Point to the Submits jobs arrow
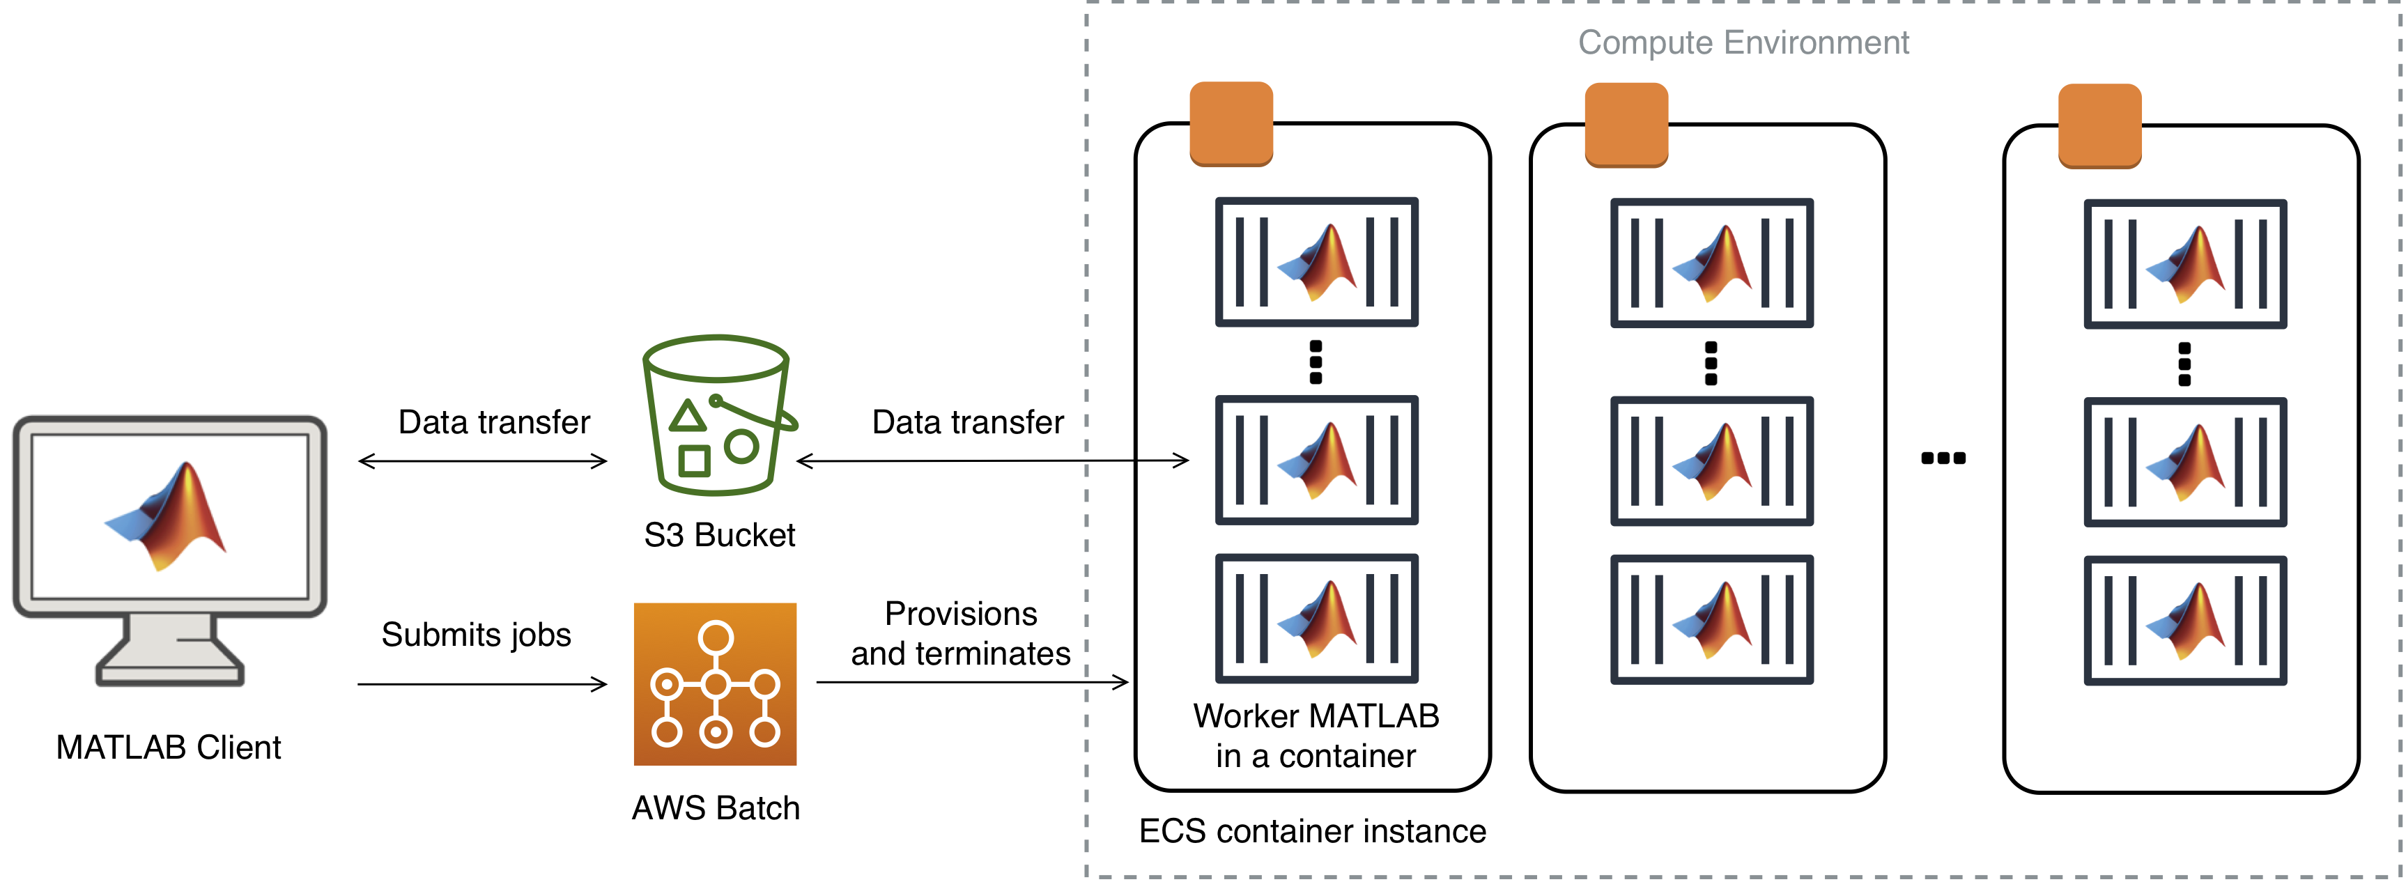482,685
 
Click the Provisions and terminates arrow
972,682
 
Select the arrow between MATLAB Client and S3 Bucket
483,461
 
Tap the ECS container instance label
1312,830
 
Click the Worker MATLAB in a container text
1316,735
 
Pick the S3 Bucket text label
719,535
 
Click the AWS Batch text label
716,808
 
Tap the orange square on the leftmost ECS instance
1231,124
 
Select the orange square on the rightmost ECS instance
2099,126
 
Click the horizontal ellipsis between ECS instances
1943,458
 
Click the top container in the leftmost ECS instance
1316,262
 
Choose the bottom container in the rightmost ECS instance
2184,620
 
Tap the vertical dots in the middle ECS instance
1711,364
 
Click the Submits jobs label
477,635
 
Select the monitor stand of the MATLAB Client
170,650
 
